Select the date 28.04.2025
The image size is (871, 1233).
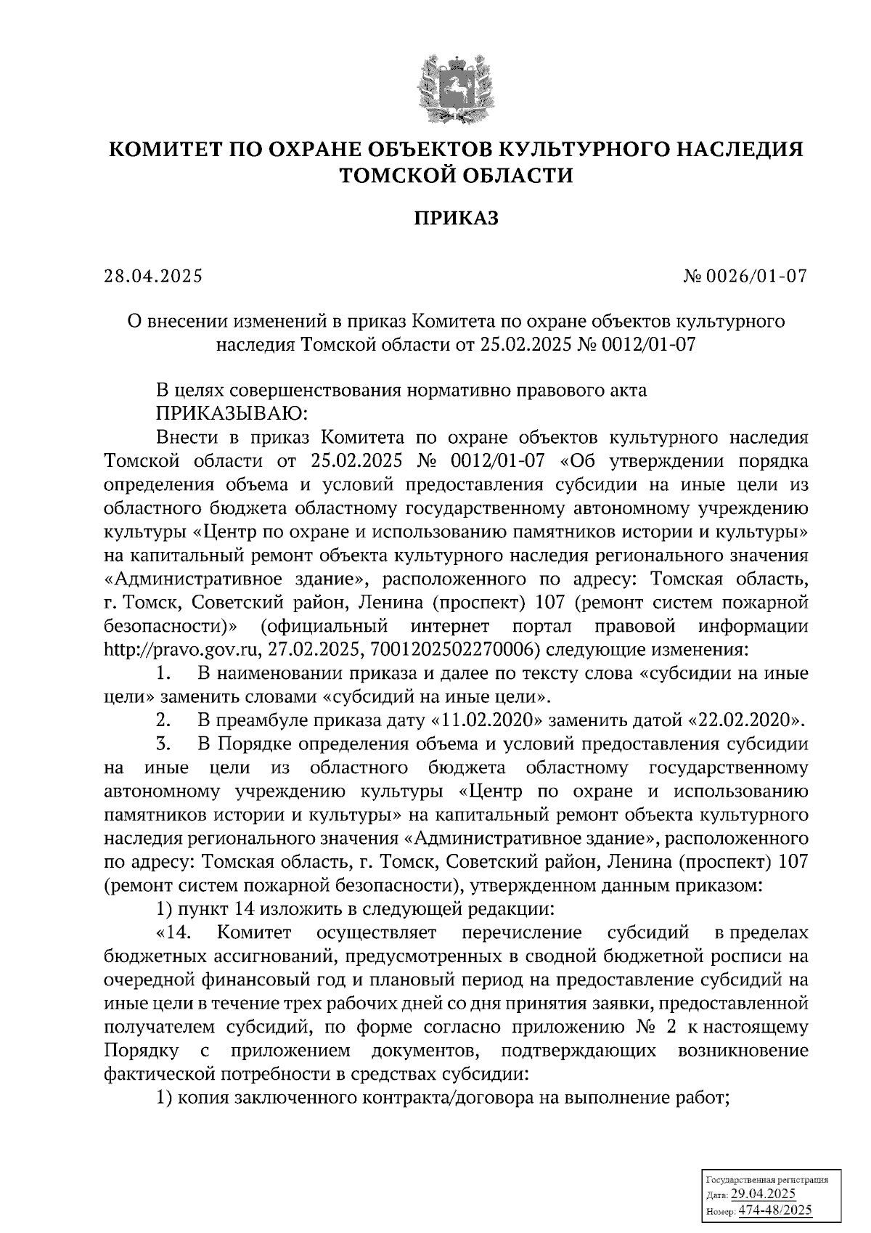coord(152,277)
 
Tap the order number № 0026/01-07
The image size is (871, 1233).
coord(745,277)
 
